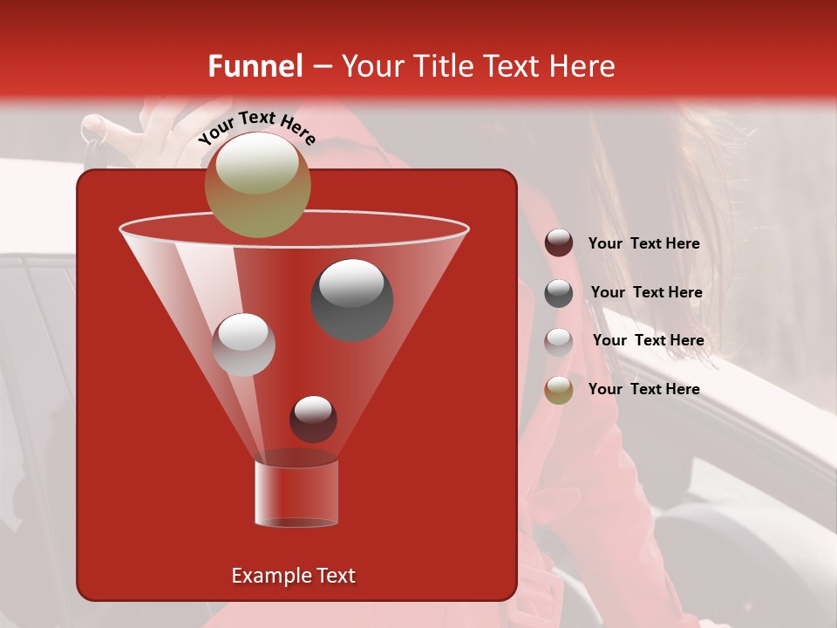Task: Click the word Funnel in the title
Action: (x=255, y=66)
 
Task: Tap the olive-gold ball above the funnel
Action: (x=257, y=184)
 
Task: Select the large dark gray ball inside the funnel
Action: (x=352, y=299)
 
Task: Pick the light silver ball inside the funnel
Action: (x=244, y=345)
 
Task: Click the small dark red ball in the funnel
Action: (x=313, y=419)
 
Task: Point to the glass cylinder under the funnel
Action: (x=296, y=493)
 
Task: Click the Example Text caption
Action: (x=293, y=576)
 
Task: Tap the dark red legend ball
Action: (x=559, y=243)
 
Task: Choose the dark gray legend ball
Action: (x=559, y=293)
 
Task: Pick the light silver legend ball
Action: (x=559, y=342)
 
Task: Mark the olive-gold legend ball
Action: (x=559, y=390)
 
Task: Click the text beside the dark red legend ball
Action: (x=643, y=243)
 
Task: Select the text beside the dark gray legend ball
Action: (x=646, y=292)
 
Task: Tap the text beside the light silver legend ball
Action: (x=648, y=340)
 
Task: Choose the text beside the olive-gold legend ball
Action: (x=643, y=389)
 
